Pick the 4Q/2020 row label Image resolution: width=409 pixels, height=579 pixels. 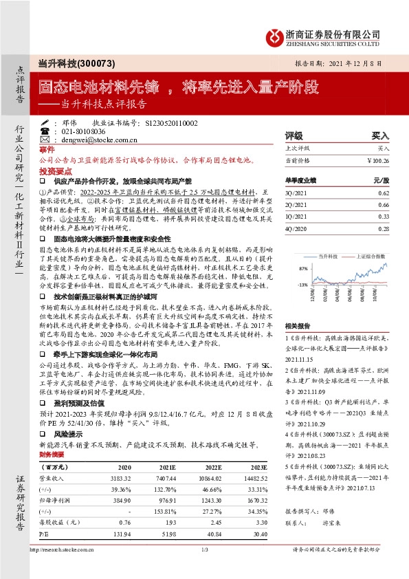pos(294,227)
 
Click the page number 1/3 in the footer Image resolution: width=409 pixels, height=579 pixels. pos(204,569)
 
